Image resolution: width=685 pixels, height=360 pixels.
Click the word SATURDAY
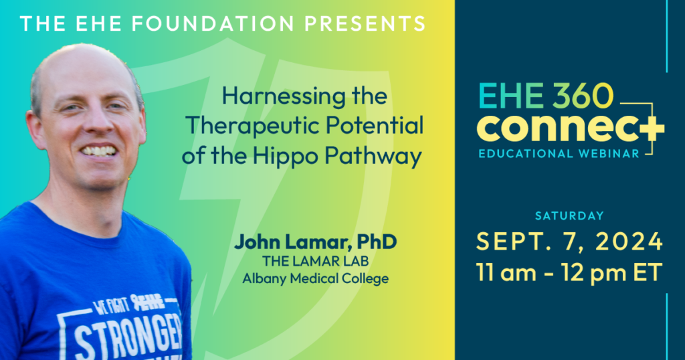pos(569,215)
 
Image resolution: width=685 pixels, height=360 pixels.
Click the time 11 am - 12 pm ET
pos(569,272)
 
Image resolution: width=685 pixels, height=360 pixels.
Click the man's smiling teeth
pos(100,150)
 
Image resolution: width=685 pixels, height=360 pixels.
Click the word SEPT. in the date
pos(509,242)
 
